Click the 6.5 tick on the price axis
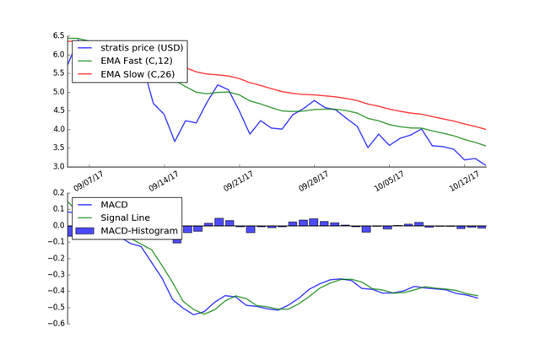point(58,36)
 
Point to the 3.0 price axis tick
point(58,166)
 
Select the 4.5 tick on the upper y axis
point(58,110)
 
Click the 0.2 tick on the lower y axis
point(57,193)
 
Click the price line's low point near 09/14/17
point(175,141)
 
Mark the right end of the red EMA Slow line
point(486,129)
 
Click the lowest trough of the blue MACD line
point(194,314)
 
